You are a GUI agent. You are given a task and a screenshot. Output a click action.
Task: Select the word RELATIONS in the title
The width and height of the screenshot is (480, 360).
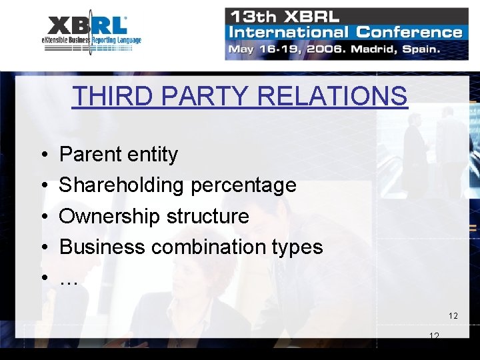[332, 96]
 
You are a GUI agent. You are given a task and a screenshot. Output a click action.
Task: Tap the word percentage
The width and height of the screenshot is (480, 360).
[243, 185]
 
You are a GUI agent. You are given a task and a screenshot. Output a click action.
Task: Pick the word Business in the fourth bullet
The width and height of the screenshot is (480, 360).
[103, 247]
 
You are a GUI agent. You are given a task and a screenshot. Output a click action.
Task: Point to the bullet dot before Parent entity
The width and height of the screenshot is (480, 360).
[43, 155]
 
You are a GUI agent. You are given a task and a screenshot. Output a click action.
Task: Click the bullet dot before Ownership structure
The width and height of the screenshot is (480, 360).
[43, 217]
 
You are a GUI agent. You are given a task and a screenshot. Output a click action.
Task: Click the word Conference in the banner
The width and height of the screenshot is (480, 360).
[409, 32]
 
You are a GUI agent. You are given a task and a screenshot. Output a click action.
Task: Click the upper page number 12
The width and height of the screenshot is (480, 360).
[453, 315]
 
